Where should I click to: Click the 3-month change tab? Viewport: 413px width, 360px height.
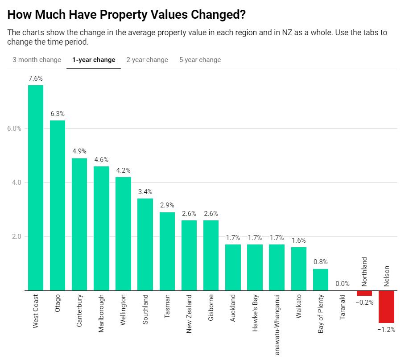click(37, 60)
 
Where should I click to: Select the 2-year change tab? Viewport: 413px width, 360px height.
click(147, 60)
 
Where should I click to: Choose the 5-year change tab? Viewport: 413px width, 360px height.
click(200, 60)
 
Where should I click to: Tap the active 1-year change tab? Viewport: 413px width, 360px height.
click(94, 60)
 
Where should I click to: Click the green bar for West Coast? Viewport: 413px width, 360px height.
click(36, 187)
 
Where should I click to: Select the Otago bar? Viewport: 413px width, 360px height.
click(58, 205)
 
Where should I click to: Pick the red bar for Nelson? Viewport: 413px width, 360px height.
click(386, 306)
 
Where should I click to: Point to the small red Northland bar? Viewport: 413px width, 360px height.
click(364, 293)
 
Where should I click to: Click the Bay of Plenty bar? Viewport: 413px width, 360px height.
click(321, 280)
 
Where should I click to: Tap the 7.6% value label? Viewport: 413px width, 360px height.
click(36, 79)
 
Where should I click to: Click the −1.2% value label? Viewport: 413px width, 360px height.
click(386, 330)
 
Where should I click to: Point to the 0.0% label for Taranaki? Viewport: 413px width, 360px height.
click(343, 283)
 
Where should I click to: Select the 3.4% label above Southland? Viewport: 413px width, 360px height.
click(145, 192)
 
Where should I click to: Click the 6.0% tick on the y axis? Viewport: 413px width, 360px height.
click(14, 128)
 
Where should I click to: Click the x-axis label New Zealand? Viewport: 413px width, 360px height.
click(189, 314)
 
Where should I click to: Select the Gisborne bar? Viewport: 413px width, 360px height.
click(211, 255)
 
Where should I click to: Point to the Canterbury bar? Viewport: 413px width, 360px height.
click(79, 224)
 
